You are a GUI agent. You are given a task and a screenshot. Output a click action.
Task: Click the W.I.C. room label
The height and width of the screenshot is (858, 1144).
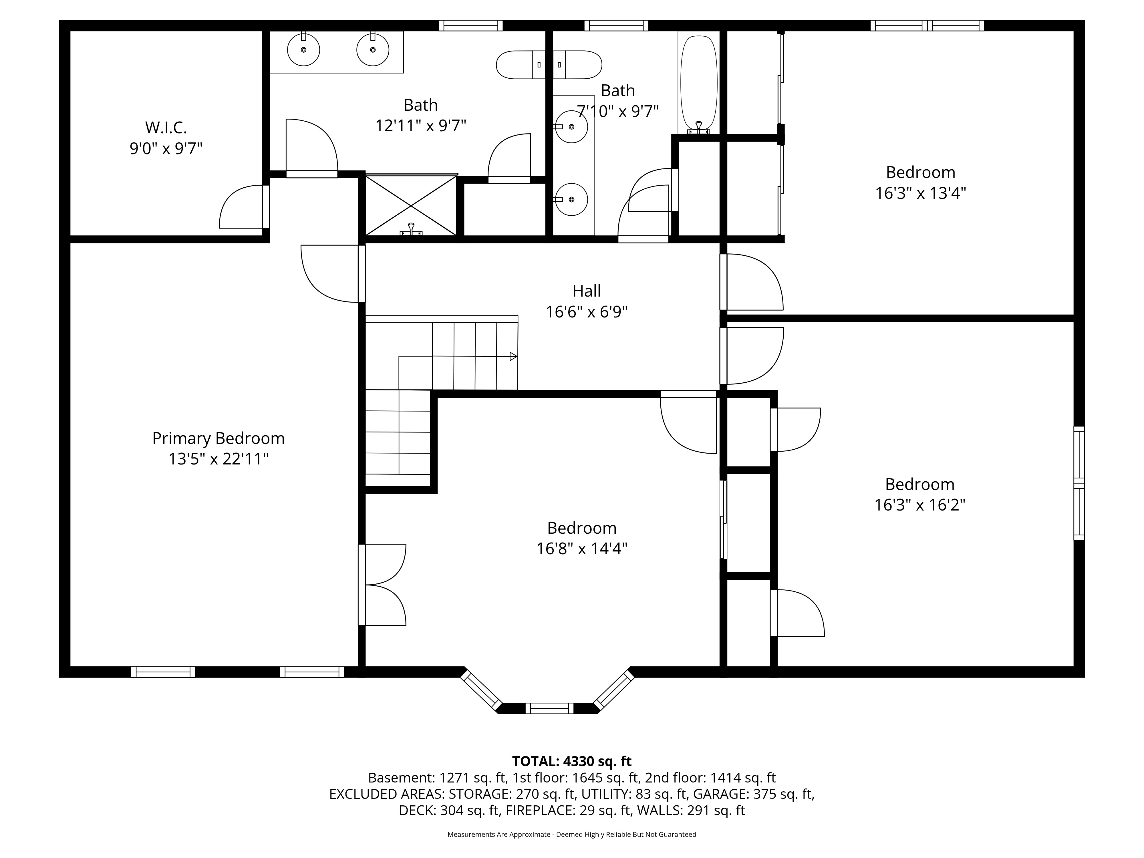[166, 127]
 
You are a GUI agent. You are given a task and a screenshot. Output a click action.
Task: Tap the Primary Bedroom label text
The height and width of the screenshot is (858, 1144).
[218, 438]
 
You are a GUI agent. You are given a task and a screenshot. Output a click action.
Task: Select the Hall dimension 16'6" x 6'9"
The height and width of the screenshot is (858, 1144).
[587, 312]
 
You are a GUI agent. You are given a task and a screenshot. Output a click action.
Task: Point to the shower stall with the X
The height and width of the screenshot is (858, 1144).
[411, 205]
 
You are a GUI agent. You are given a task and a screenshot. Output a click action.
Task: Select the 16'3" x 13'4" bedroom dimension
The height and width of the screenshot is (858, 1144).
[921, 193]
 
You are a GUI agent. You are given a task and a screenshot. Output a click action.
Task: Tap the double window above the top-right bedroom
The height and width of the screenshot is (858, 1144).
[927, 25]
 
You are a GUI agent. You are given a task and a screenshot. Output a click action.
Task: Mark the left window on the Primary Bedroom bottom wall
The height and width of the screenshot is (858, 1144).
[163, 672]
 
